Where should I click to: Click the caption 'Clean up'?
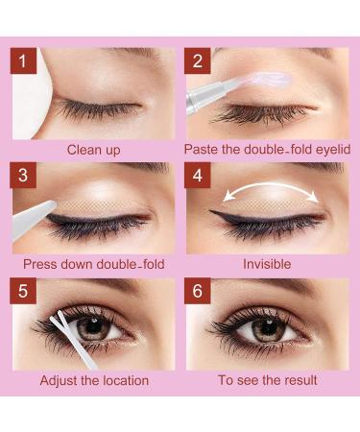pos(94,150)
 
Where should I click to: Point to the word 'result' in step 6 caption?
pos(296,380)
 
